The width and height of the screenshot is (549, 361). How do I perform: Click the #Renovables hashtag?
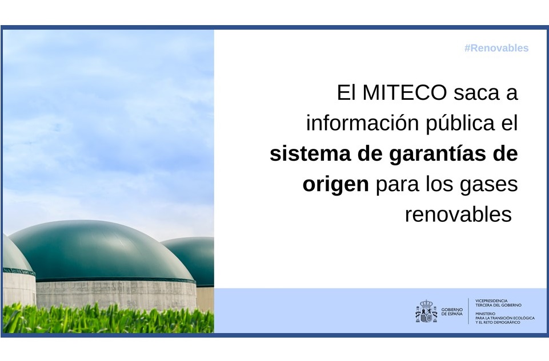point(496,48)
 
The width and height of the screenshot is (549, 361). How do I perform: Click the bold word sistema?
point(304,154)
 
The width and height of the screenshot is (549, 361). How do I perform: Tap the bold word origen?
point(335,185)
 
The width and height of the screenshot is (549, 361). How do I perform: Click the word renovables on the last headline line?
point(458,215)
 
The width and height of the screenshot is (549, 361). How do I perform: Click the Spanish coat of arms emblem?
point(426,311)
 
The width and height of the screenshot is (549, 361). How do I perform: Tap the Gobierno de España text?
point(452,311)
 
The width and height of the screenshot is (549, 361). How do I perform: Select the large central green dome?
point(103,251)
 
